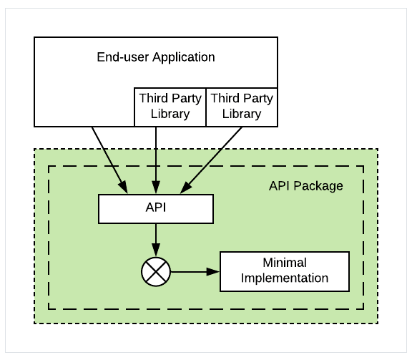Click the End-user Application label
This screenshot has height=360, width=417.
(x=156, y=57)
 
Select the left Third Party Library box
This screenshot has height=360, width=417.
(x=170, y=107)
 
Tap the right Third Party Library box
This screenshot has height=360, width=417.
(x=242, y=107)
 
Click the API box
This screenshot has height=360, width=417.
(x=156, y=209)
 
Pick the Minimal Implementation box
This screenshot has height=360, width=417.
(x=285, y=271)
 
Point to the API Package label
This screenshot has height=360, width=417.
(x=306, y=186)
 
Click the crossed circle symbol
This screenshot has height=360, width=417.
(x=156, y=272)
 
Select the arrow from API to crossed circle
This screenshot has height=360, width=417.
(x=156, y=240)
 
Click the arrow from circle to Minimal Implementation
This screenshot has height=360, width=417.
(x=195, y=272)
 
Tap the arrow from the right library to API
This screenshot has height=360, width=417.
(x=211, y=160)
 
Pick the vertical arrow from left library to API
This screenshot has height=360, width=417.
(x=156, y=160)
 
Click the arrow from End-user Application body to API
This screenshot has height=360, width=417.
(x=110, y=160)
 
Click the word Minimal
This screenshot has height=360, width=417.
(x=285, y=263)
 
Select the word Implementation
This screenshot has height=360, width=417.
(x=285, y=278)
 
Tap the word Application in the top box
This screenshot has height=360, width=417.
(x=184, y=57)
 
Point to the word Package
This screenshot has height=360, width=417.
(x=318, y=186)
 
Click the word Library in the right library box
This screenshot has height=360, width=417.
(x=242, y=114)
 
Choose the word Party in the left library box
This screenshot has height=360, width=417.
(x=187, y=99)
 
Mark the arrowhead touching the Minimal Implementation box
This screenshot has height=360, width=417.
(x=213, y=272)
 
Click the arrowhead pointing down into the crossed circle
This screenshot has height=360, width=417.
(x=156, y=250)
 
